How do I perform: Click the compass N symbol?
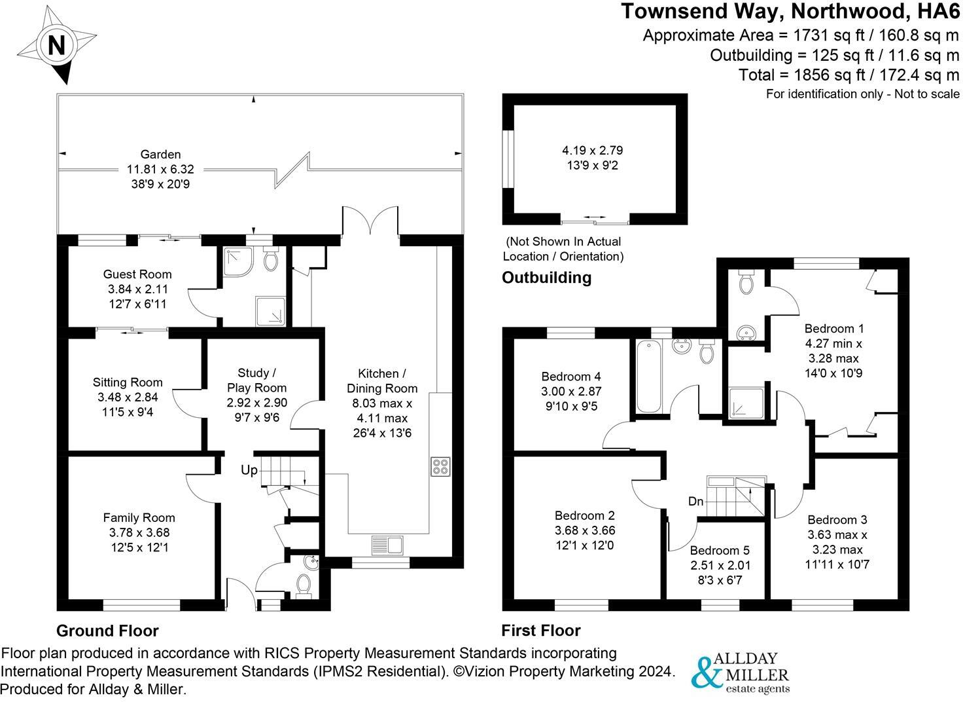[x=56, y=46]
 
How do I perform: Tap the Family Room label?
[x=139, y=518]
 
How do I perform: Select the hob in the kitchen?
[x=440, y=467]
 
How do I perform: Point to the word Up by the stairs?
[x=249, y=470]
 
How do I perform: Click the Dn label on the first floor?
[x=695, y=502]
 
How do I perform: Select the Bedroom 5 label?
[x=720, y=551]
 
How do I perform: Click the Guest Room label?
[x=137, y=274]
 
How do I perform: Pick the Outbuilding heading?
[x=546, y=278]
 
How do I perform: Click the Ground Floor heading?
[x=107, y=631]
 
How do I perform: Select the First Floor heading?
[x=541, y=631]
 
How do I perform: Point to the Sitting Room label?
[x=128, y=382]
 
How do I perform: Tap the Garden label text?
[x=161, y=155]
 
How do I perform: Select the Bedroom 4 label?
[x=571, y=377]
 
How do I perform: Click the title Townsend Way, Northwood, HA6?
[x=790, y=12]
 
